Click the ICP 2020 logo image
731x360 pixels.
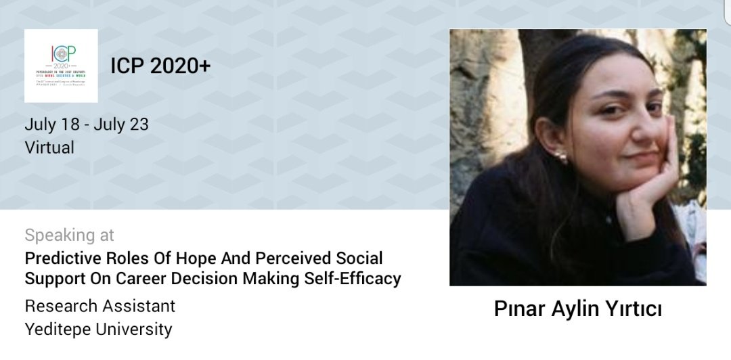[x=61, y=66]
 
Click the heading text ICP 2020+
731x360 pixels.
[x=160, y=66]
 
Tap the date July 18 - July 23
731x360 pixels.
[x=87, y=125]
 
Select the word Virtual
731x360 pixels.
[x=49, y=147]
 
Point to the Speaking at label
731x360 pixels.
[x=69, y=235]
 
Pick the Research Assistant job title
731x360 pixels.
[x=99, y=306]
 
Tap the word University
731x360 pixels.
[x=135, y=330]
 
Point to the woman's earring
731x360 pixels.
[x=560, y=158]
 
